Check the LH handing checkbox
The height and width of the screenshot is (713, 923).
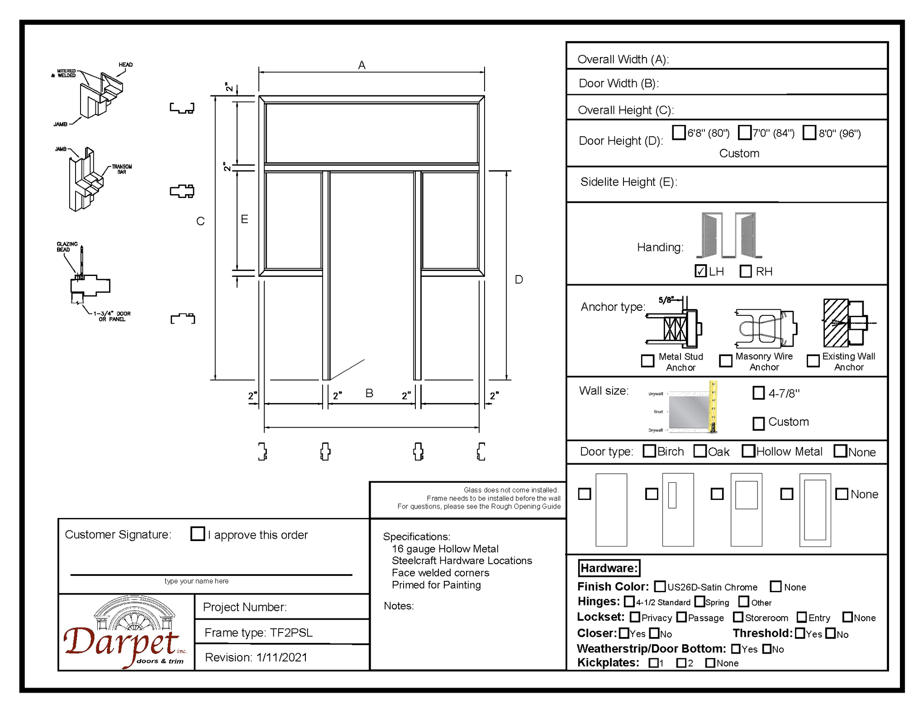[700, 271]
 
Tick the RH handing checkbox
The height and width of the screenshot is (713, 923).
[746, 271]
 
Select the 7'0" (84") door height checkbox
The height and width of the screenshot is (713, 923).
[744, 133]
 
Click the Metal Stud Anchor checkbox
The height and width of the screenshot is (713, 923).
[647, 361]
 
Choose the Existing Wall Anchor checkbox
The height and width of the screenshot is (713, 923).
[813, 361]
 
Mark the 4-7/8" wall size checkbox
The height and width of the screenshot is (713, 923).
[758, 393]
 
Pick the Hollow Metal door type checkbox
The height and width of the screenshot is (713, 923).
[748, 451]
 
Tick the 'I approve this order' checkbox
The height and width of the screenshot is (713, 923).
[198, 533]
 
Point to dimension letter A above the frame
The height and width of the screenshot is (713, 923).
[362, 65]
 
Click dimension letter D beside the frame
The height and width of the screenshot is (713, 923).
[519, 280]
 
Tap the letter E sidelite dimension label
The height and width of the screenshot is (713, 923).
[244, 219]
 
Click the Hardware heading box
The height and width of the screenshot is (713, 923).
[609, 568]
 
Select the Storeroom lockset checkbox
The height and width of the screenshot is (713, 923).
[738, 617]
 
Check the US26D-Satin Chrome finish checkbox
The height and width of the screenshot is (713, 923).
[660, 586]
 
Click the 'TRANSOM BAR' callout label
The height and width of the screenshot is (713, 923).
[122, 169]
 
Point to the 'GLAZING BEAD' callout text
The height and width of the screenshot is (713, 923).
[67, 247]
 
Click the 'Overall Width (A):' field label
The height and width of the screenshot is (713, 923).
[623, 59]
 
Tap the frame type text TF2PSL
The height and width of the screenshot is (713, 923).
[291, 632]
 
